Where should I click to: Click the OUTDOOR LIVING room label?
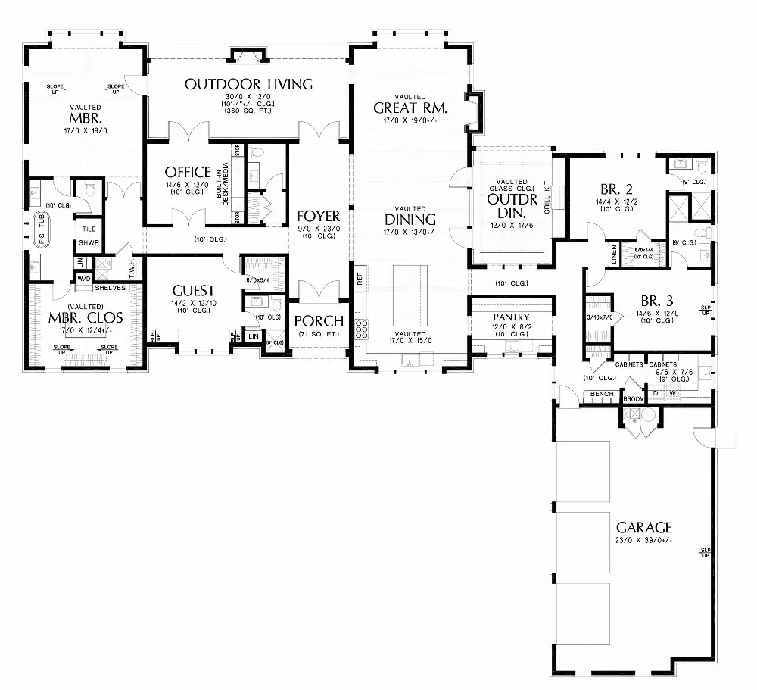tap(248, 84)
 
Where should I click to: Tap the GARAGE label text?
tap(643, 527)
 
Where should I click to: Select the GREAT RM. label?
tap(411, 108)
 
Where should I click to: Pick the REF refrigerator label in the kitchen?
tap(360, 277)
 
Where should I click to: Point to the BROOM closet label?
tap(633, 398)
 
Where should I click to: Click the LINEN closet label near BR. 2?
tap(614, 256)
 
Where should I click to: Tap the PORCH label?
tap(319, 321)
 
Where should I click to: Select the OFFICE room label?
tap(187, 172)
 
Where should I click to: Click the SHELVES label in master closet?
tap(110, 288)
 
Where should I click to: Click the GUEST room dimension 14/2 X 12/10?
tap(193, 303)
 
